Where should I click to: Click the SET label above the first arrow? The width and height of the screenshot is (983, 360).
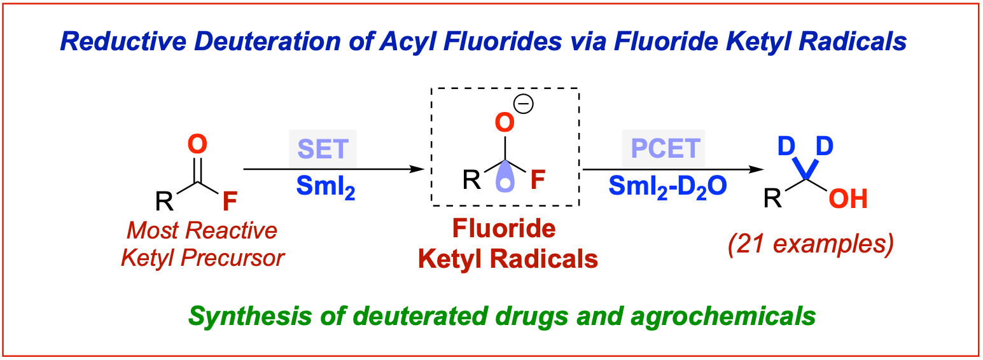click(x=323, y=149)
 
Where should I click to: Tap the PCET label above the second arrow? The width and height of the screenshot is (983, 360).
click(x=664, y=149)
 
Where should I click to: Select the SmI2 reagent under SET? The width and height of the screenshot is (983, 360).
click(x=324, y=187)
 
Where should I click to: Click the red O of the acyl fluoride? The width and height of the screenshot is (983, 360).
click(x=198, y=146)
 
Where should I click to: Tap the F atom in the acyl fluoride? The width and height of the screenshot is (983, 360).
click(x=230, y=202)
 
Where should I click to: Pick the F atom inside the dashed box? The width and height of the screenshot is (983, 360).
click(x=538, y=181)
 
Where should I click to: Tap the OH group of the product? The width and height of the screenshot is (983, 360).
click(x=848, y=200)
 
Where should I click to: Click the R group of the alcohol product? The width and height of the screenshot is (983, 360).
click(x=772, y=200)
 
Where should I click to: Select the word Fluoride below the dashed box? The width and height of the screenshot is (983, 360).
click(x=505, y=229)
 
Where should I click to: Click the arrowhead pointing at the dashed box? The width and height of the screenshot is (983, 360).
click(x=417, y=169)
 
